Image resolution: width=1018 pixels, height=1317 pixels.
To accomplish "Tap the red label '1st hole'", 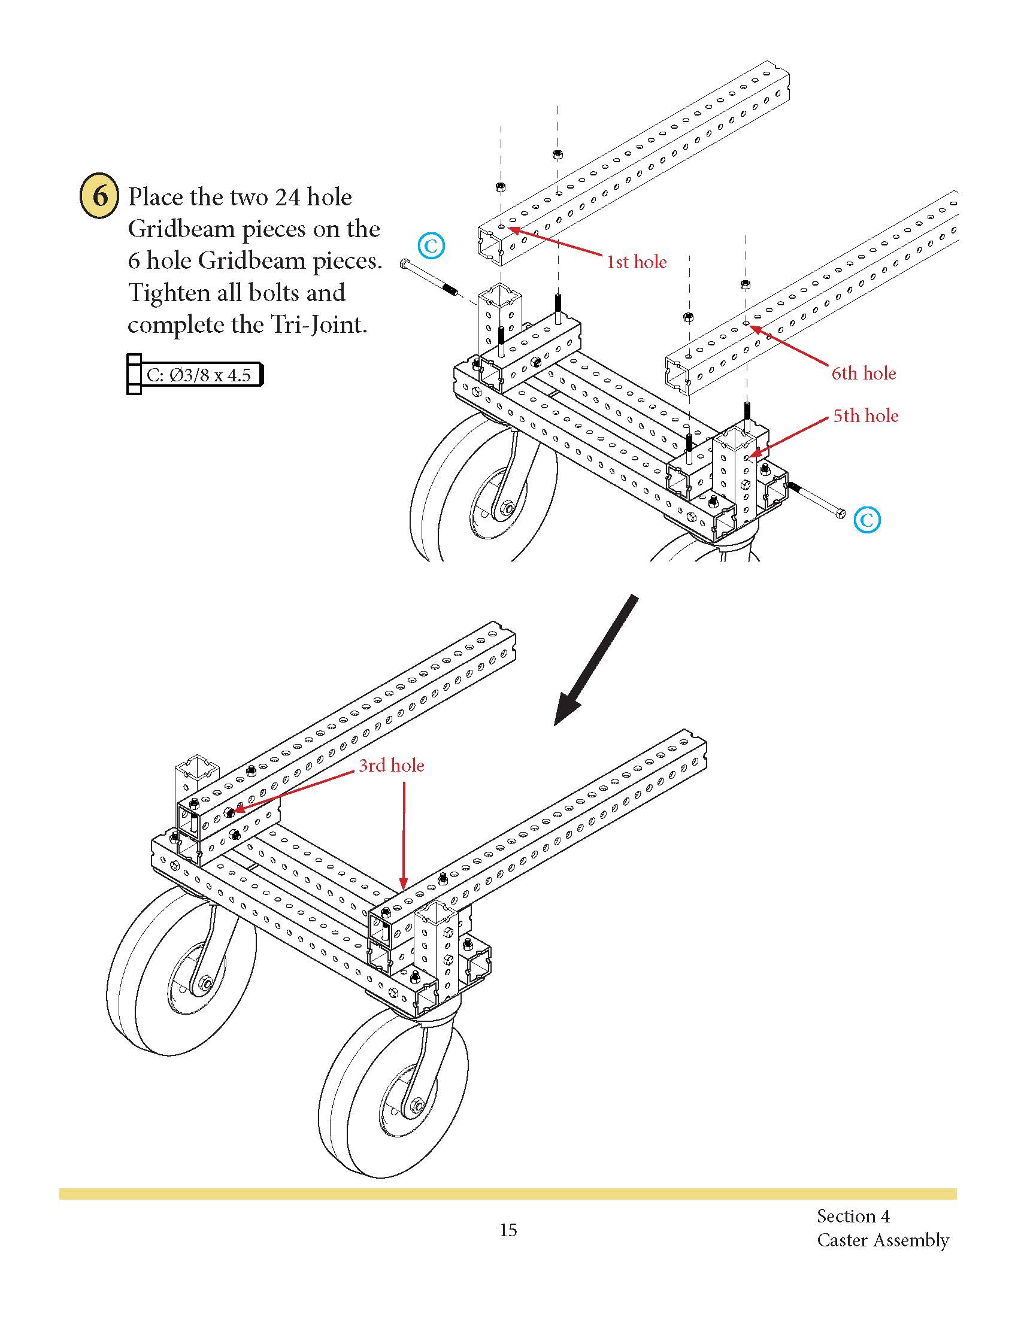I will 636,262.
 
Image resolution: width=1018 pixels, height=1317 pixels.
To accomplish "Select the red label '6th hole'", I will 863,374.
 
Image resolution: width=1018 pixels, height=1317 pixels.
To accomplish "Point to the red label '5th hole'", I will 865,416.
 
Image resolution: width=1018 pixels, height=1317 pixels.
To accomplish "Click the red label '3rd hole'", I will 392,765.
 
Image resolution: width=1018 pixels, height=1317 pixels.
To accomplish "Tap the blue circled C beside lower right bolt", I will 867,519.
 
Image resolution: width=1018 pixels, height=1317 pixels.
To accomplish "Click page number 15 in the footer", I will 508,1230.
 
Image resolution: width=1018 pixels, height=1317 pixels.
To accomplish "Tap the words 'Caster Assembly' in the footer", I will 882,1240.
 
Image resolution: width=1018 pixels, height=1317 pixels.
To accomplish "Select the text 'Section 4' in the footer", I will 853,1216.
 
